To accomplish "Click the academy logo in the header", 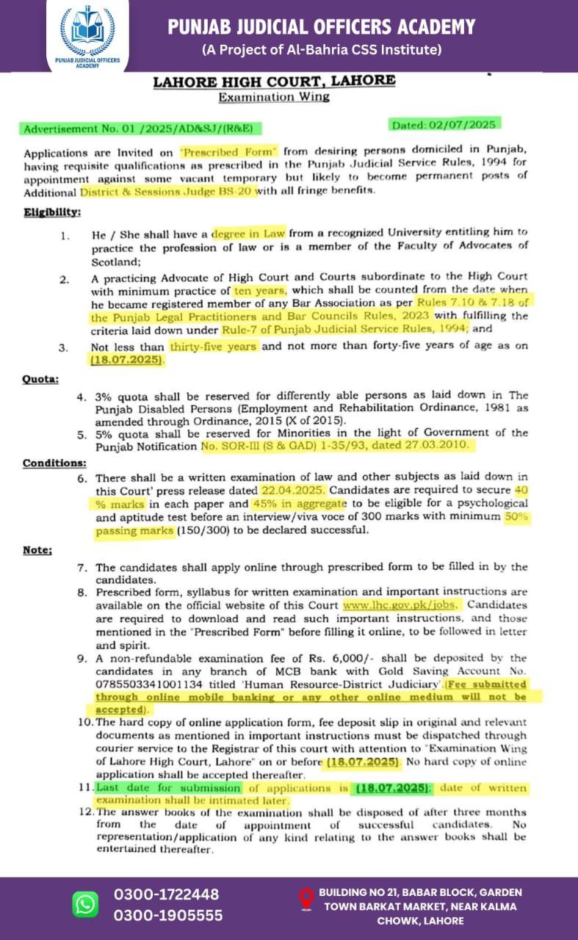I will coord(87,33).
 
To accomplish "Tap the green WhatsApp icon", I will coord(85,904).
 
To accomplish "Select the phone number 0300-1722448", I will coord(166,894).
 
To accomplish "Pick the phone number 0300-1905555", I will coord(168,915).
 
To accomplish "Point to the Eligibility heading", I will coord(52,211).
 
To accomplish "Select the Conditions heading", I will coord(54,463).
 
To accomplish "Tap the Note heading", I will coord(37,550).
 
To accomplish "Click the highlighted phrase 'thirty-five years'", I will coord(212,347).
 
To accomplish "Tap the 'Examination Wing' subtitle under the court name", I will coord(274,97).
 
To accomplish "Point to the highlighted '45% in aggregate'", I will coord(297,504).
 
